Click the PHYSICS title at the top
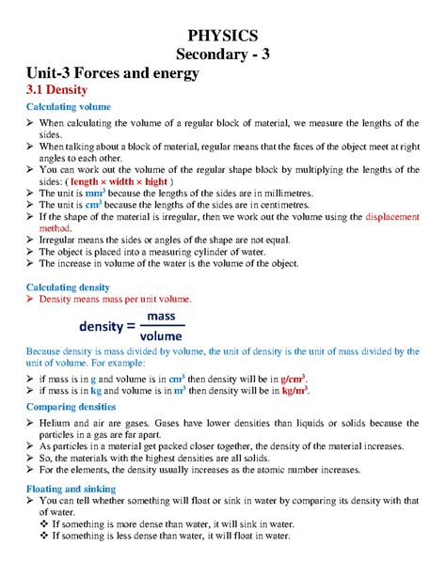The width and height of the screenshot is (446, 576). tap(223, 35)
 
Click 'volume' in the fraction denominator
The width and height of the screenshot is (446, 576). tap(161, 335)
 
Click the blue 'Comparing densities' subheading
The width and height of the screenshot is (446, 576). tap(71, 408)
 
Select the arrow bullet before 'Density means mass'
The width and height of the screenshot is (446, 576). tap(29, 299)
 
